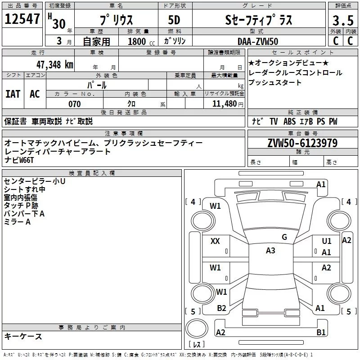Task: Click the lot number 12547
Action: [x=22, y=19]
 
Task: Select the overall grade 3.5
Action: [x=343, y=20]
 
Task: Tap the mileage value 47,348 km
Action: [x=55, y=65]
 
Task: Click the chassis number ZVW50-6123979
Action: [x=302, y=143]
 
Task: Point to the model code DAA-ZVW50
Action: [x=257, y=41]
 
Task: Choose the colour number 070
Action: [x=75, y=104]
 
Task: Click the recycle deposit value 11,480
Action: [x=224, y=104]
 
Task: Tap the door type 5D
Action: [x=174, y=20]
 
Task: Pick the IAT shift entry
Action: [x=13, y=94]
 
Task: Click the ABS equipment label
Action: [x=289, y=121]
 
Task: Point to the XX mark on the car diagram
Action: [x=215, y=241]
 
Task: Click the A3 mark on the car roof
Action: [x=270, y=251]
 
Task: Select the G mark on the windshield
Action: [x=284, y=237]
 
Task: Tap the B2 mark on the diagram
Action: [x=221, y=308]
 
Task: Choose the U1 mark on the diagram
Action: [x=327, y=241]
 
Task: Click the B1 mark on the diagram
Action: [x=321, y=332]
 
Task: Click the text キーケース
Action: [x=23, y=337]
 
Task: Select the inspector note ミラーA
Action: [x=17, y=222]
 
